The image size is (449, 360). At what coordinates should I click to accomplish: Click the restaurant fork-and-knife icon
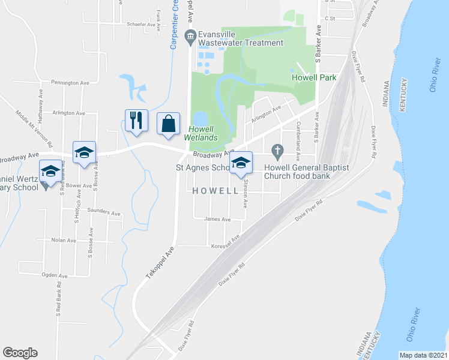pyautogui.click(x=135, y=121)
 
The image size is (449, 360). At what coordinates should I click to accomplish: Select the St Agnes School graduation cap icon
pyautogui.click(x=241, y=163)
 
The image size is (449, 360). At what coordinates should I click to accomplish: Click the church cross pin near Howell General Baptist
pyautogui.click(x=277, y=149)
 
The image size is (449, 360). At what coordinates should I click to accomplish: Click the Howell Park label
pyautogui.click(x=314, y=77)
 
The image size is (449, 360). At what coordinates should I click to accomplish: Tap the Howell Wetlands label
pyautogui.click(x=201, y=133)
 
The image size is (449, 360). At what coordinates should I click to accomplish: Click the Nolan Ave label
pyautogui.click(x=63, y=240)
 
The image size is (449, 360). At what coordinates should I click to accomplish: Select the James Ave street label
pyautogui.click(x=217, y=220)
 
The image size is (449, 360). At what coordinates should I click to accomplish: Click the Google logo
pyautogui.click(x=20, y=353)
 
